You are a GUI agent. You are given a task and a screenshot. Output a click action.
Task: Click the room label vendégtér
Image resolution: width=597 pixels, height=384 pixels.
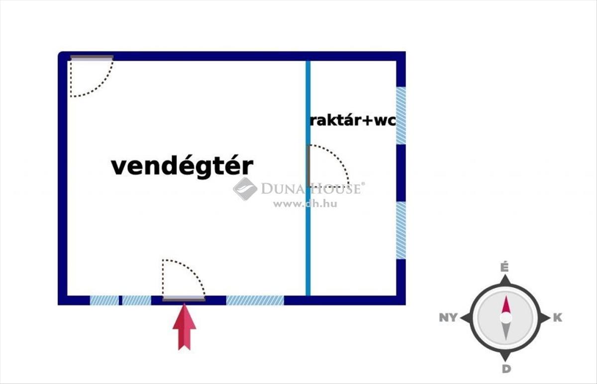(182, 166)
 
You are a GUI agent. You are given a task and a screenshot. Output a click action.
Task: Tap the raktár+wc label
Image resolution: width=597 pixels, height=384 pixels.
(353, 120)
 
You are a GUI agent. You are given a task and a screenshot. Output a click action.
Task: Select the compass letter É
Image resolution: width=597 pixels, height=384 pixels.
(504, 267)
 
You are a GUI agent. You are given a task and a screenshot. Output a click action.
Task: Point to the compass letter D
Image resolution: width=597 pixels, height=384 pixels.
(505, 369)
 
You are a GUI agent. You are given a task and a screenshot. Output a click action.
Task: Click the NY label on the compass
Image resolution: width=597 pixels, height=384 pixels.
(448, 318)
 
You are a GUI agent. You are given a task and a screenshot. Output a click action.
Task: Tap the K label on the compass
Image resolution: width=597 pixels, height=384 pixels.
(558, 318)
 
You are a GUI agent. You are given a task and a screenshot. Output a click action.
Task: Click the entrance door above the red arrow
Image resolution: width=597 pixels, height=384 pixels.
(184, 299)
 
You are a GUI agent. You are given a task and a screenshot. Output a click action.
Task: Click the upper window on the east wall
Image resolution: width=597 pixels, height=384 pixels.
(400, 115)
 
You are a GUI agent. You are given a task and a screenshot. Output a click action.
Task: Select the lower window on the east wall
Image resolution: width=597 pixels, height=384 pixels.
(400, 230)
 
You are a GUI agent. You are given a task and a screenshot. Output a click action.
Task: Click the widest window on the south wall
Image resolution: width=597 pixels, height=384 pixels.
(255, 300)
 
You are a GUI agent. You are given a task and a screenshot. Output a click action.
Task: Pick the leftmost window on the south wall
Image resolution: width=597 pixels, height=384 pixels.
(104, 300)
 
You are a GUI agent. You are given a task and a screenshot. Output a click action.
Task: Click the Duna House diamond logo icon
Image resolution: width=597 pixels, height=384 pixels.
(245, 189)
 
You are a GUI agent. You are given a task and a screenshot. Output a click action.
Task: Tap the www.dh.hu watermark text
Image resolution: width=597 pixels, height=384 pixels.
(304, 204)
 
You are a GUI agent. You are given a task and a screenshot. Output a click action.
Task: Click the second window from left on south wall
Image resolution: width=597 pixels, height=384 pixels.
(136, 300)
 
